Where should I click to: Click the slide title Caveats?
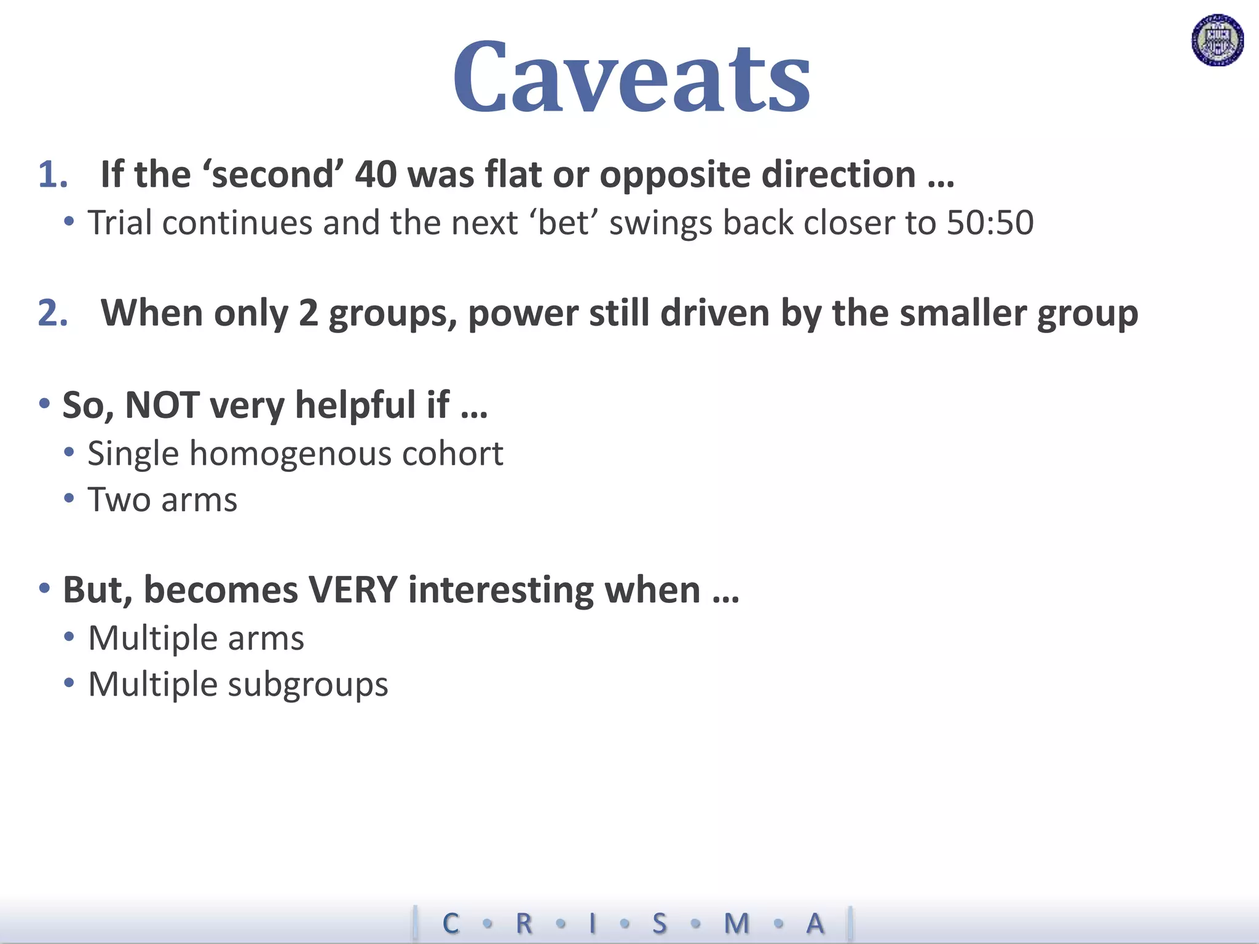631,78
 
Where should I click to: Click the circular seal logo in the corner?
1217,41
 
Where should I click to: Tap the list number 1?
52,175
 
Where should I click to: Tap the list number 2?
52,313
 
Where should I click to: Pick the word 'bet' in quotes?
563,222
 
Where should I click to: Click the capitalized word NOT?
162,406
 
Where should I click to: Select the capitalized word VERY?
353,590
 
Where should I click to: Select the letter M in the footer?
736,923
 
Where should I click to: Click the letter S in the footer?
659,923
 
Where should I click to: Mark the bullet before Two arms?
69,498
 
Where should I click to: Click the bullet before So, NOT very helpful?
44,404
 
